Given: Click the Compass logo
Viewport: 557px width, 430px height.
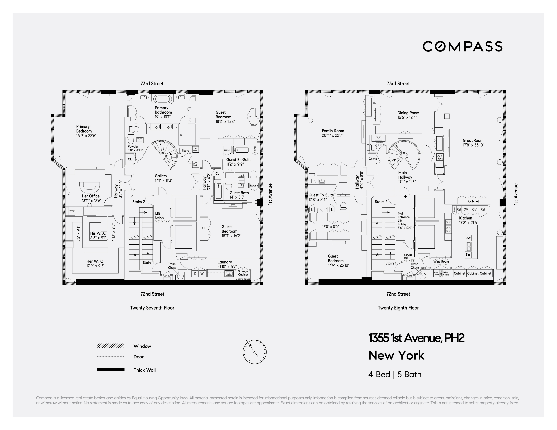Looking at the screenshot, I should point(462,46).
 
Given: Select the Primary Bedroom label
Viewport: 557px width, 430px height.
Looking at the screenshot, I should point(83,129).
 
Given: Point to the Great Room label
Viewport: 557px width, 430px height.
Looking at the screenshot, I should point(473,140).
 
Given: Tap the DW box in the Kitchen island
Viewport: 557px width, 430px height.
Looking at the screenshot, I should point(468,238).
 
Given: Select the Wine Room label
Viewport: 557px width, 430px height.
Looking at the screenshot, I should point(441,262).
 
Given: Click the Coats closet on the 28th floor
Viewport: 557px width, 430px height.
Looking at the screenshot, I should point(373,159).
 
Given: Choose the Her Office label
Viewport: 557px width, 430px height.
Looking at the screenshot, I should point(90,196).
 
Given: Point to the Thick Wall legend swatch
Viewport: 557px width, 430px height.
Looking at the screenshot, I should point(111,369).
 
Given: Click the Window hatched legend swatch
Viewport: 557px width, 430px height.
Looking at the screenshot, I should point(111,346).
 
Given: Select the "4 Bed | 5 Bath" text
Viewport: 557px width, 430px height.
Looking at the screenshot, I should point(395,374).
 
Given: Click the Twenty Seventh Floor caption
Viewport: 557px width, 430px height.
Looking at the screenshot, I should point(152,308).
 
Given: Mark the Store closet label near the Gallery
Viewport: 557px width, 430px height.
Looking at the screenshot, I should point(185,150).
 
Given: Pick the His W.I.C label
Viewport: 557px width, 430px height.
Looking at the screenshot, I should point(98,233).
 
